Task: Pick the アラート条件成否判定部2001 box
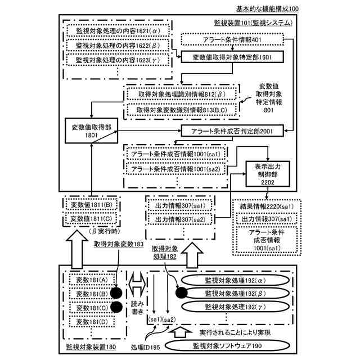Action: (x=231, y=130)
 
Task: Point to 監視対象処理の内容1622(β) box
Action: (x=115, y=44)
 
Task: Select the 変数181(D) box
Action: (x=92, y=321)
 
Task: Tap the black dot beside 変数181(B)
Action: (x=116, y=292)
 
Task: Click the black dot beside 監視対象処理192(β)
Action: (x=181, y=292)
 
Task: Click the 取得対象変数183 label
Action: (x=119, y=245)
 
